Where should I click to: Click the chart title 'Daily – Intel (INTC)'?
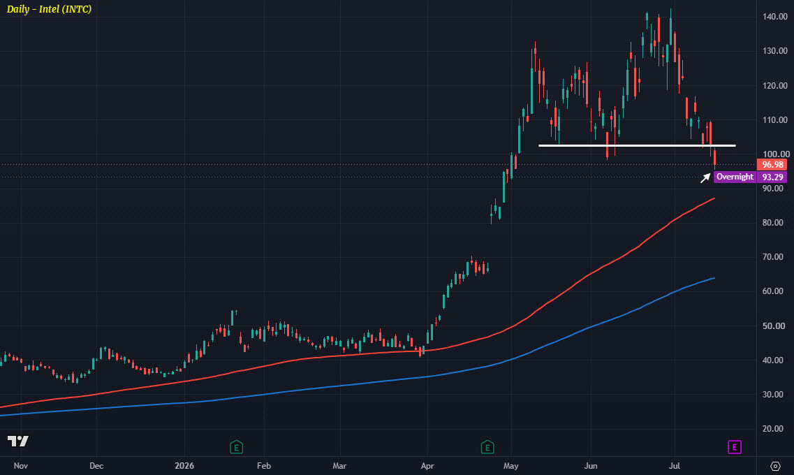(x=49, y=9)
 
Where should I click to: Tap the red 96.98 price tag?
(x=772, y=165)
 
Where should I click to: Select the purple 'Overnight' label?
(x=735, y=177)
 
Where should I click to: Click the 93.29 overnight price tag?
(x=772, y=177)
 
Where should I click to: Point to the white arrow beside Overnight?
(x=705, y=177)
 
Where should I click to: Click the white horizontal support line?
(x=637, y=146)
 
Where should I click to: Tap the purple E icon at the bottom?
(x=735, y=447)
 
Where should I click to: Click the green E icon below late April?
(x=487, y=447)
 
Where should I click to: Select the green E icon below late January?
(x=237, y=447)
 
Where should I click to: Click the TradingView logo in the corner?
(x=18, y=441)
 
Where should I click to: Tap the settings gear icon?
(x=775, y=466)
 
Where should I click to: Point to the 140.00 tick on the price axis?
(x=774, y=17)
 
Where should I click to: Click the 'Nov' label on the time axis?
(x=21, y=466)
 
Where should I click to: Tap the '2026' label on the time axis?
(x=184, y=466)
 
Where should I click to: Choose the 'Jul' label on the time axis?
(x=675, y=466)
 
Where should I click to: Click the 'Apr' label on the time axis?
(x=427, y=466)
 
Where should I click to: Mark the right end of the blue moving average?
(x=714, y=278)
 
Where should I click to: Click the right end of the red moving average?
(x=714, y=198)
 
